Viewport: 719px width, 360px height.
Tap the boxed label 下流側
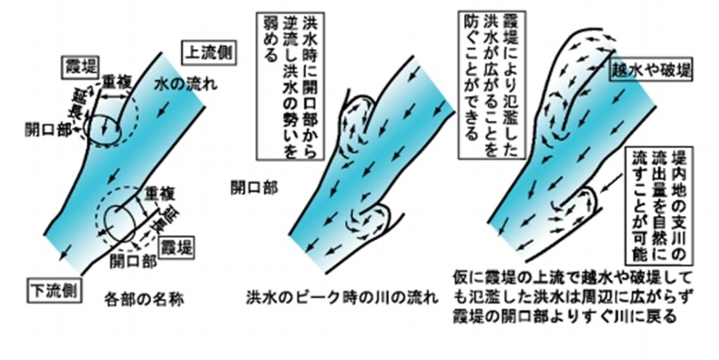pyautogui.click(x=53, y=287)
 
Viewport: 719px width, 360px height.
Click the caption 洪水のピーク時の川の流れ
pyautogui.click(x=342, y=297)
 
